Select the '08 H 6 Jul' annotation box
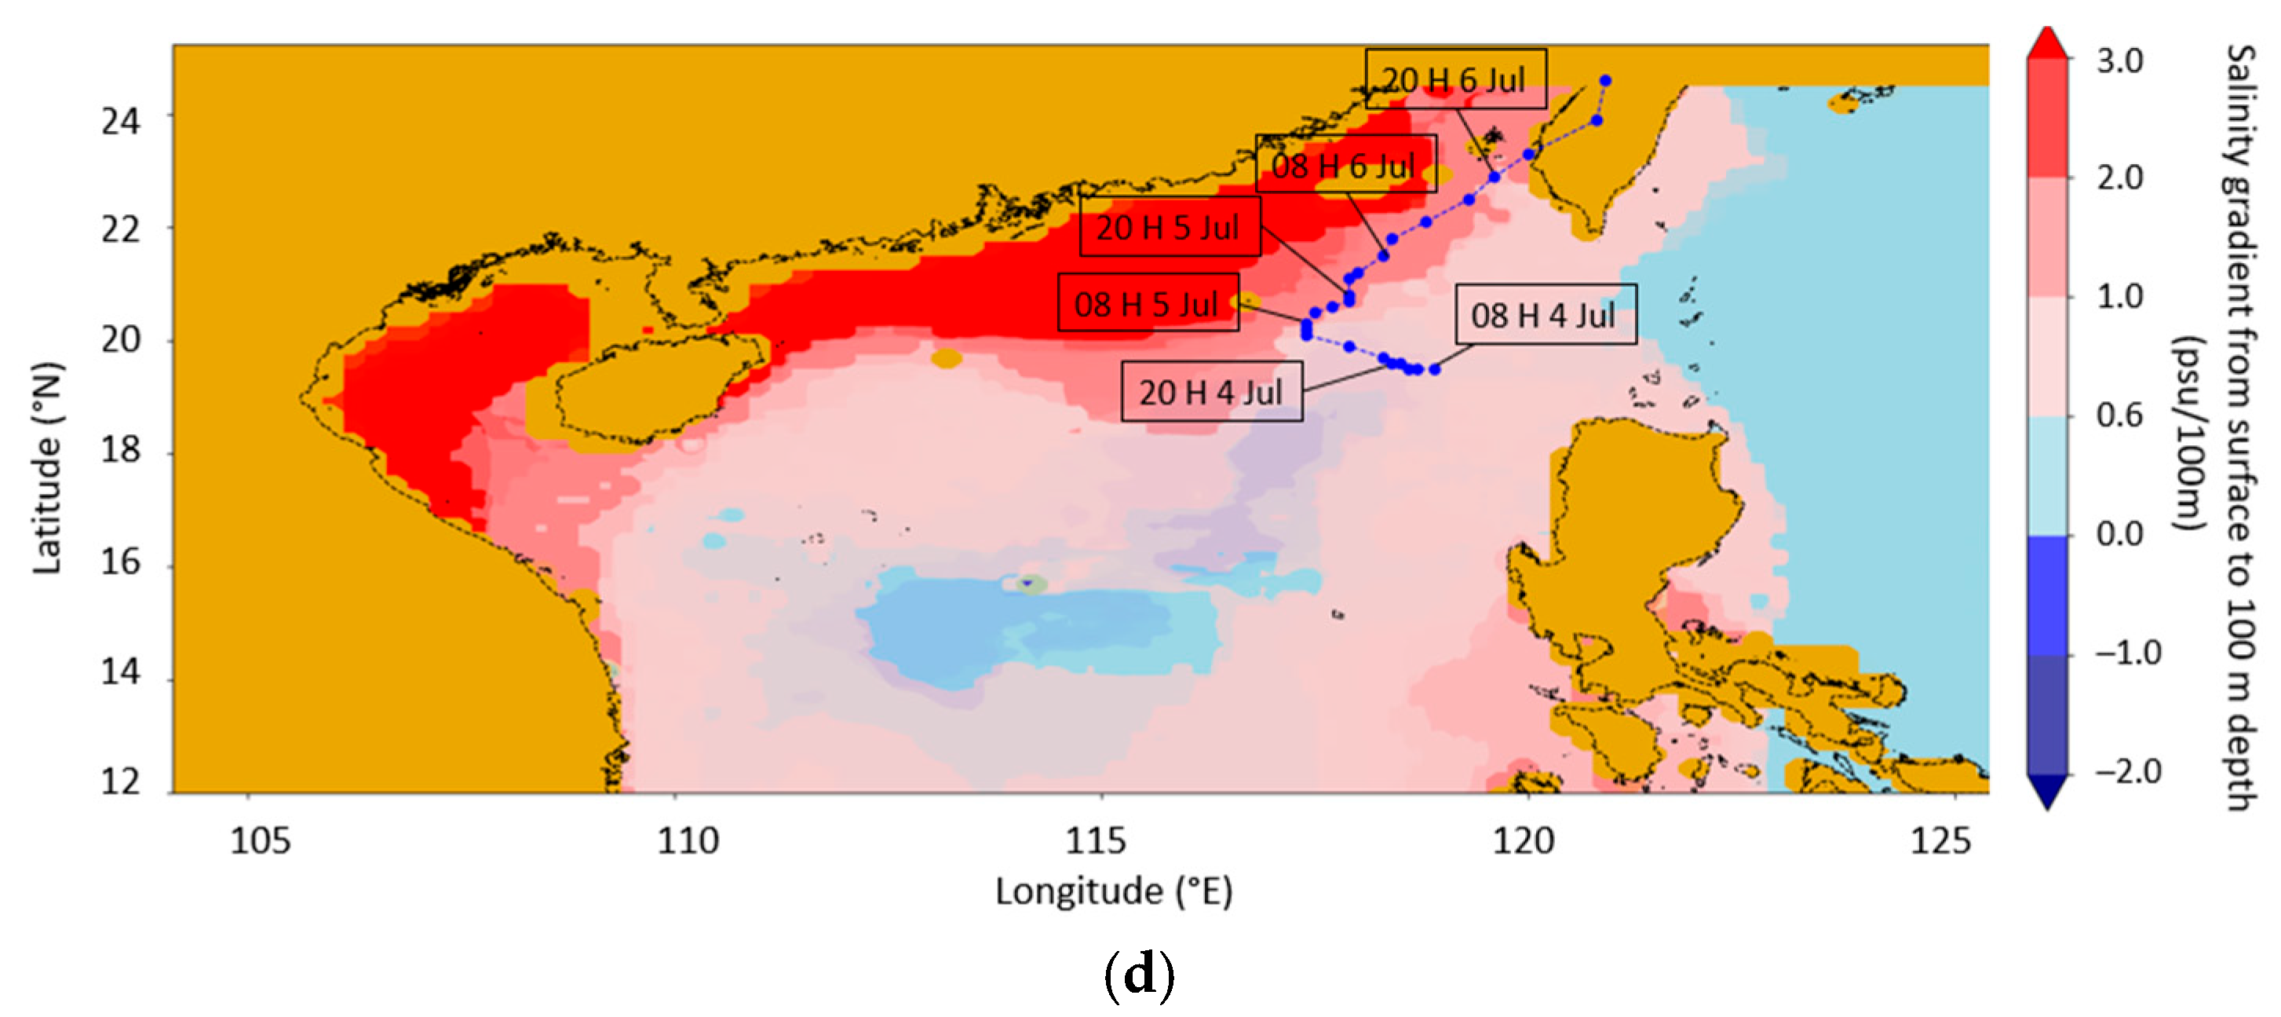tap(1345, 165)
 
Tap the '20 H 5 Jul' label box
tap(1170, 227)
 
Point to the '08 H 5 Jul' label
tap(1148, 304)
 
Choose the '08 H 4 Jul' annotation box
tap(1546, 314)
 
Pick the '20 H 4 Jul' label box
tap(1211, 392)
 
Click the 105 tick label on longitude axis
tap(260, 840)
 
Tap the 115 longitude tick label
tap(1095, 840)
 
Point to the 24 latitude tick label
tap(120, 120)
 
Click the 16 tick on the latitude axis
tap(120, 562)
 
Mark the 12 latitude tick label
tap(120, 782)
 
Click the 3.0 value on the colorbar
tap(2120, 60)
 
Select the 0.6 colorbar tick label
tap(2120, 415)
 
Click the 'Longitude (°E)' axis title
tap(1113, 891)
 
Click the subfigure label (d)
tap(1140, 975)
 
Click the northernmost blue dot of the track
tap(1605, 81)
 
